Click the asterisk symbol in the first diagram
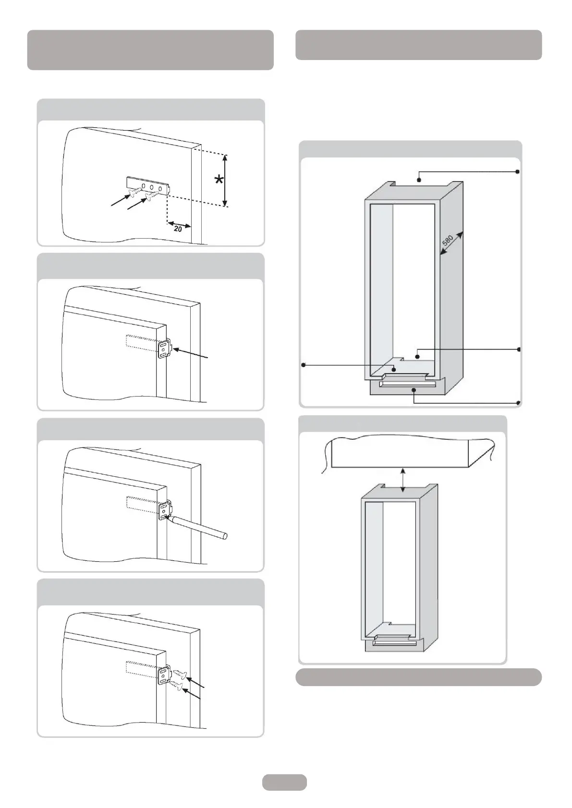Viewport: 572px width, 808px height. tap(219, 180)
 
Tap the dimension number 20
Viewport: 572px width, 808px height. tap(178, 229)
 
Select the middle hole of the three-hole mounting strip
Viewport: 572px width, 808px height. tap(152, 188)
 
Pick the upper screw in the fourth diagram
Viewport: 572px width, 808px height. tap(180, 674)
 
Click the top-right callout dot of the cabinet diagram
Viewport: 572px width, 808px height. tap(518, 171)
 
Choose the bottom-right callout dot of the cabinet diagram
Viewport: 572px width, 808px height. tap(518, 402)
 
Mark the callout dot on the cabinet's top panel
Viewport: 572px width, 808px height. tap(419, 180)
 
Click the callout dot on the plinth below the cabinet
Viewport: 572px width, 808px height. tap(414, 390)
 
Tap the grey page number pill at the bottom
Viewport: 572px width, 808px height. tap(284, 782)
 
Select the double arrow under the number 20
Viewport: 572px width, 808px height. tap(179, 224)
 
